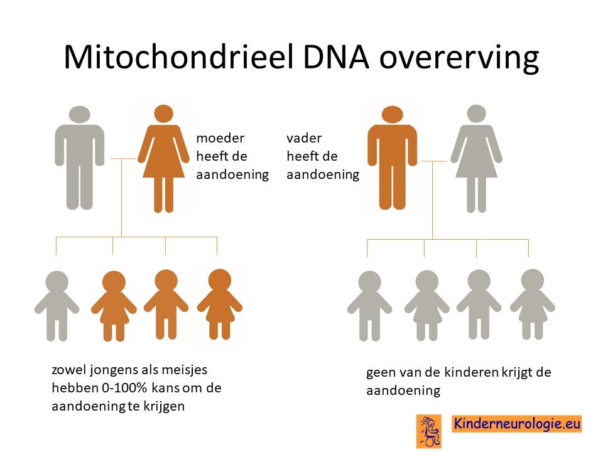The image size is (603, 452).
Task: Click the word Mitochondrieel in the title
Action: (178, 57)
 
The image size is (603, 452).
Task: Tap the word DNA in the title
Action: (336, 57)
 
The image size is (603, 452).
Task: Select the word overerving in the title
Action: (459, 58)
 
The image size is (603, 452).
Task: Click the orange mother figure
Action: (163, 158)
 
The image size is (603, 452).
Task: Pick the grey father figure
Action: (80, 158)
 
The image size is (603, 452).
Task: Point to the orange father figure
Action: (392, 158)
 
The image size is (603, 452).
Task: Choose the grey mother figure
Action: (476, 158)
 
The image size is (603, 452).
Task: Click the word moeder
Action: (220, 138)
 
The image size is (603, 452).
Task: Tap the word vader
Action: (304, 138)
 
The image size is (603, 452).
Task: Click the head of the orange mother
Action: (163, 114)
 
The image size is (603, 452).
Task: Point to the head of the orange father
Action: (392, 114)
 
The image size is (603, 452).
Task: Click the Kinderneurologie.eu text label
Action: (517, 424)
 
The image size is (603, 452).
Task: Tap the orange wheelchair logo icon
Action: (429, 431)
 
